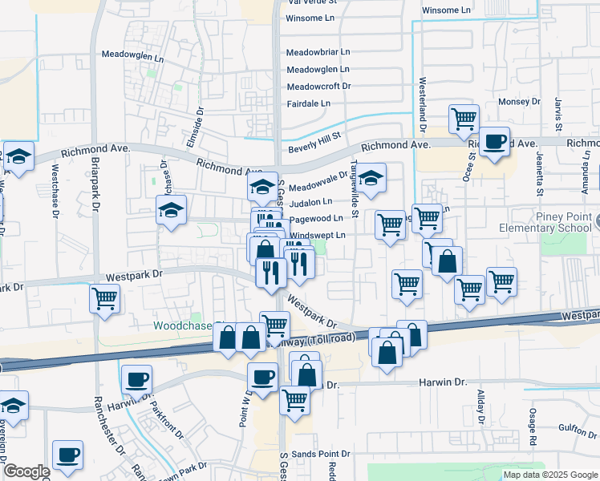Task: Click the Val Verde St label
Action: (311, 2)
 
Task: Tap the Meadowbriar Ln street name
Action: (318, 51)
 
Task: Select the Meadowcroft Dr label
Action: (318, 86)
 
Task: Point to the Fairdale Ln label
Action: (309, 103)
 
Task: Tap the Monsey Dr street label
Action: (520, 102)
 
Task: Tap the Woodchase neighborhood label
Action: (184, 326)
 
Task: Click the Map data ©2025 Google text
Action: (550, 474)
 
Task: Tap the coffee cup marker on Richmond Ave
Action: (495, 141)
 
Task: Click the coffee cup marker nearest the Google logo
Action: (67, 454)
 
